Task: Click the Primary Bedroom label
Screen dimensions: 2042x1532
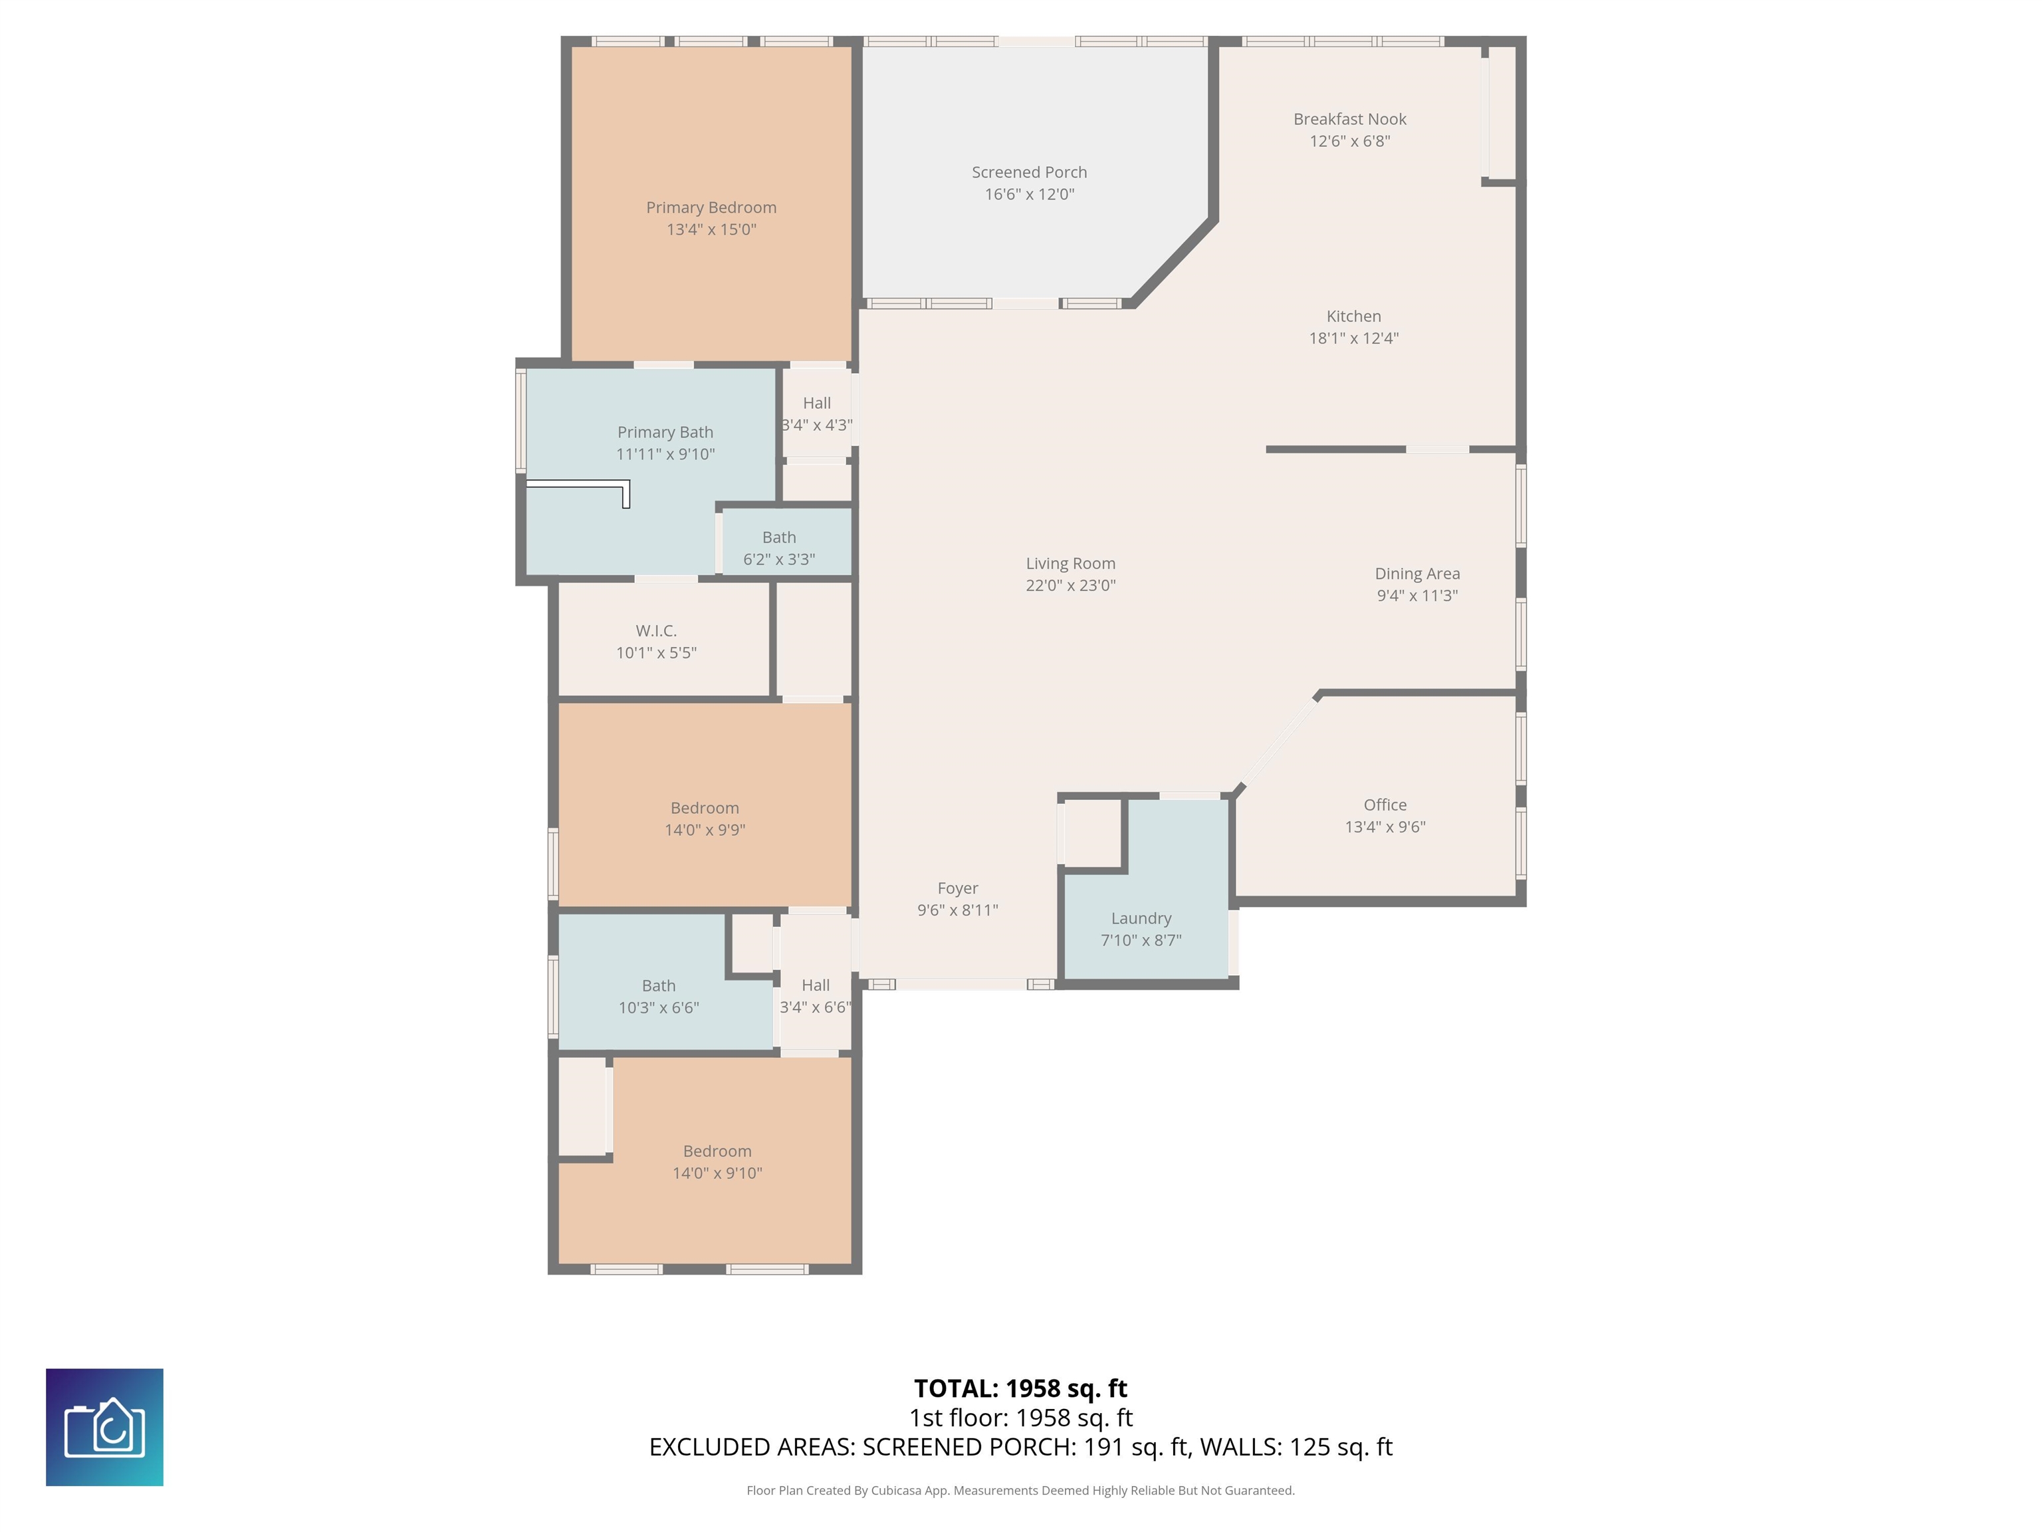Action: tap(711, 207)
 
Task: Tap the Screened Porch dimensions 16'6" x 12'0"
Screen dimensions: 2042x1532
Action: tap(1029, 194)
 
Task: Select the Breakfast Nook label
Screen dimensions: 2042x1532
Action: tap(1349, 119)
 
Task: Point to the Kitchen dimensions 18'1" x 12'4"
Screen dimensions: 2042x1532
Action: tap(1353, 338)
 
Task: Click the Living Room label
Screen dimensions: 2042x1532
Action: tap(1071, 563)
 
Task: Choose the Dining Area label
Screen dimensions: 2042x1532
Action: tap(1417, 573)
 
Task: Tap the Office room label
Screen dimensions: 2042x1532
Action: tap(1385, 805)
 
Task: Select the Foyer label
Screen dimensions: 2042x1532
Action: tap(957, 888)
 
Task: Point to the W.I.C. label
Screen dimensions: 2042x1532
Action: tap(656, 631)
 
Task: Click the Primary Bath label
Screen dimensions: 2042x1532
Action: tap(665, 432)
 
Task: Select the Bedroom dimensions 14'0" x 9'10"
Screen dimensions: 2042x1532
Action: tap(717, 1174)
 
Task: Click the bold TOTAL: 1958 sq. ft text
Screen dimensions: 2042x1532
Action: tap(1020, 1388)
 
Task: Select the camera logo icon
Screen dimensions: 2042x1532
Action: tap(104, 1428)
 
